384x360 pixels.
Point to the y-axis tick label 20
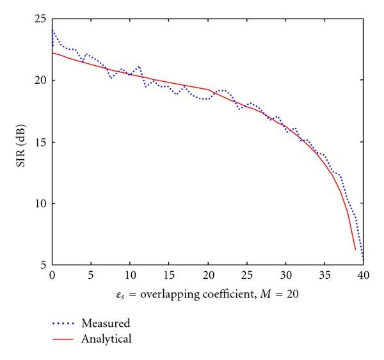(41, 81)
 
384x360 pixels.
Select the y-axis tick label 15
(41, 142)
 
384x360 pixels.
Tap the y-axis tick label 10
(41, 203)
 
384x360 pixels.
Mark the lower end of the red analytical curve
(355, 249)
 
